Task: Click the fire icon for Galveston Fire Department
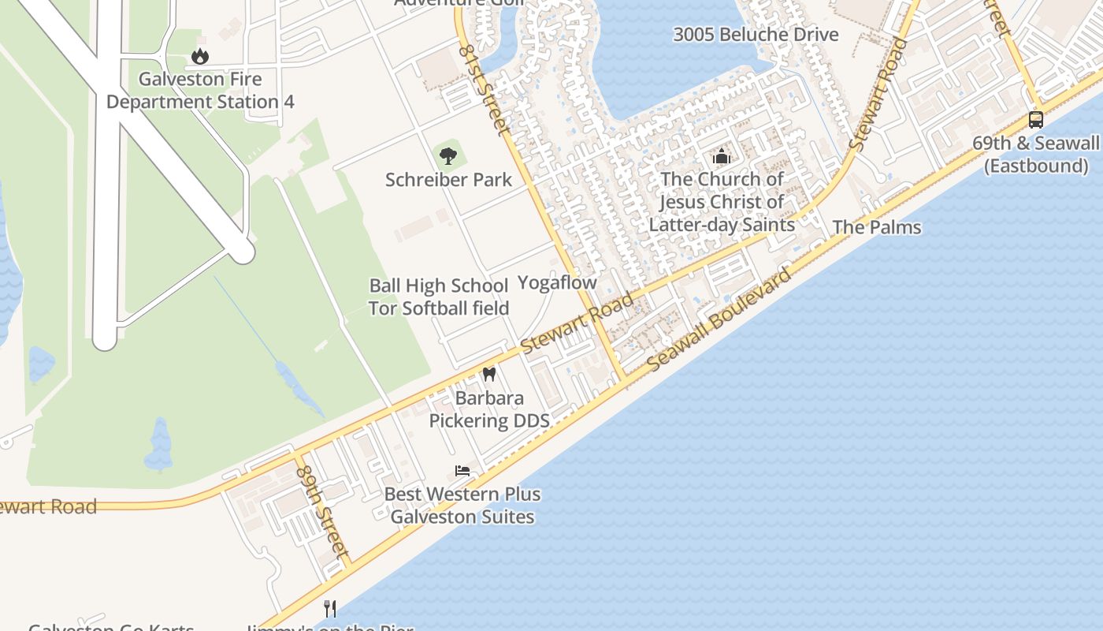(200, 56)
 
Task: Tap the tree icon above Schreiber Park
(448, 155)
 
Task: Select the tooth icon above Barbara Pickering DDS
(488, 374)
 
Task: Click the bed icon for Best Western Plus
(462, 471)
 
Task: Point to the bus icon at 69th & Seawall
(1036, 120)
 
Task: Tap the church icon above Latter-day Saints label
(722, 155)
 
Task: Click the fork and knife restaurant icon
(331, 608)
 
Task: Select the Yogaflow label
(557, 282)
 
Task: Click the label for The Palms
(877, 227)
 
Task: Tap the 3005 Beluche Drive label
(756, 35)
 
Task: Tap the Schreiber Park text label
(448, 180)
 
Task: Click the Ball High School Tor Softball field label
(439, 297)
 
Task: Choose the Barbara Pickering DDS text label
(489, 409)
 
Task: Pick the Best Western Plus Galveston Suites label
(462, 506)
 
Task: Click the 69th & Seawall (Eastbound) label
(1035, 155)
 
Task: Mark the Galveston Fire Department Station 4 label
(200, 91)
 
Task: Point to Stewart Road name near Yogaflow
(577, 323)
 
